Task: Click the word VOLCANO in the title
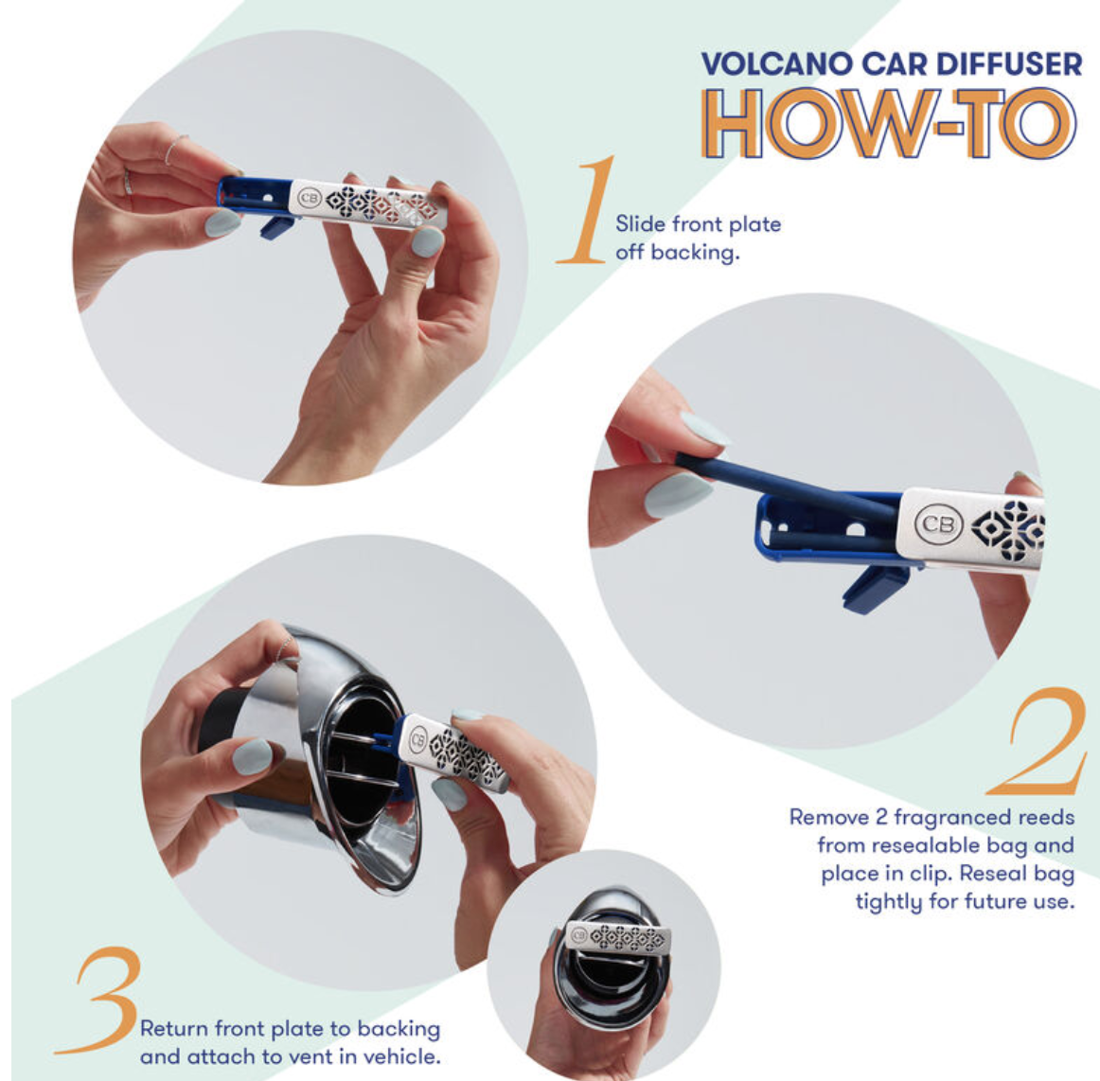pyautogui.click(x=776, y=63)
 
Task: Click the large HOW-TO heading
pyautogui.click(x=890, y=124)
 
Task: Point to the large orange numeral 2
pyautogui.click(x=1037, y=741)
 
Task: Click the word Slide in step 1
pyautogui.click(x=640, y=223)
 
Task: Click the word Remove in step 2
pyautogui.click(x=828, y=817)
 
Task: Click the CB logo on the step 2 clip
pyautogui.click(x=938, y=523)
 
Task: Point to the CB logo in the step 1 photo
pyautogui.click(x=310, y=198)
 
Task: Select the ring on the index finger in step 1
pyautogui.click(x=175, y=150)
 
